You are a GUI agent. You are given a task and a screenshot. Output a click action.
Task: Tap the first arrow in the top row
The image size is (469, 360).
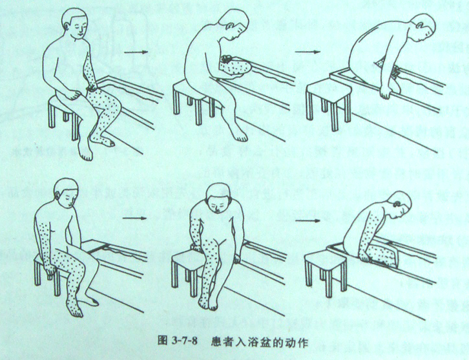point(136,52)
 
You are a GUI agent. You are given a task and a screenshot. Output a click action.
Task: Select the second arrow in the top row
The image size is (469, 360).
point(307,52)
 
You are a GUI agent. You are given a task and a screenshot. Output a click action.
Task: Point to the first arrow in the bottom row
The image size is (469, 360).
point(134,218)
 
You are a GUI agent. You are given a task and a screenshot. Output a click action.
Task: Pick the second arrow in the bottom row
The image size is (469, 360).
point(307,221)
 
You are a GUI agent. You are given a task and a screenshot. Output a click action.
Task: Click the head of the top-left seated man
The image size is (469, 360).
point(74,23)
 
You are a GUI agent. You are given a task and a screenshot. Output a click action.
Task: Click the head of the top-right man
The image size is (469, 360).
point(422,28)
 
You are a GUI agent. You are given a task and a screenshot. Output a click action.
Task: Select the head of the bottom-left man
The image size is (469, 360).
point(67,193)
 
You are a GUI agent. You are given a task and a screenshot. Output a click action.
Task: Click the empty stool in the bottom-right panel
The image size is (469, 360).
point(326,271)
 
